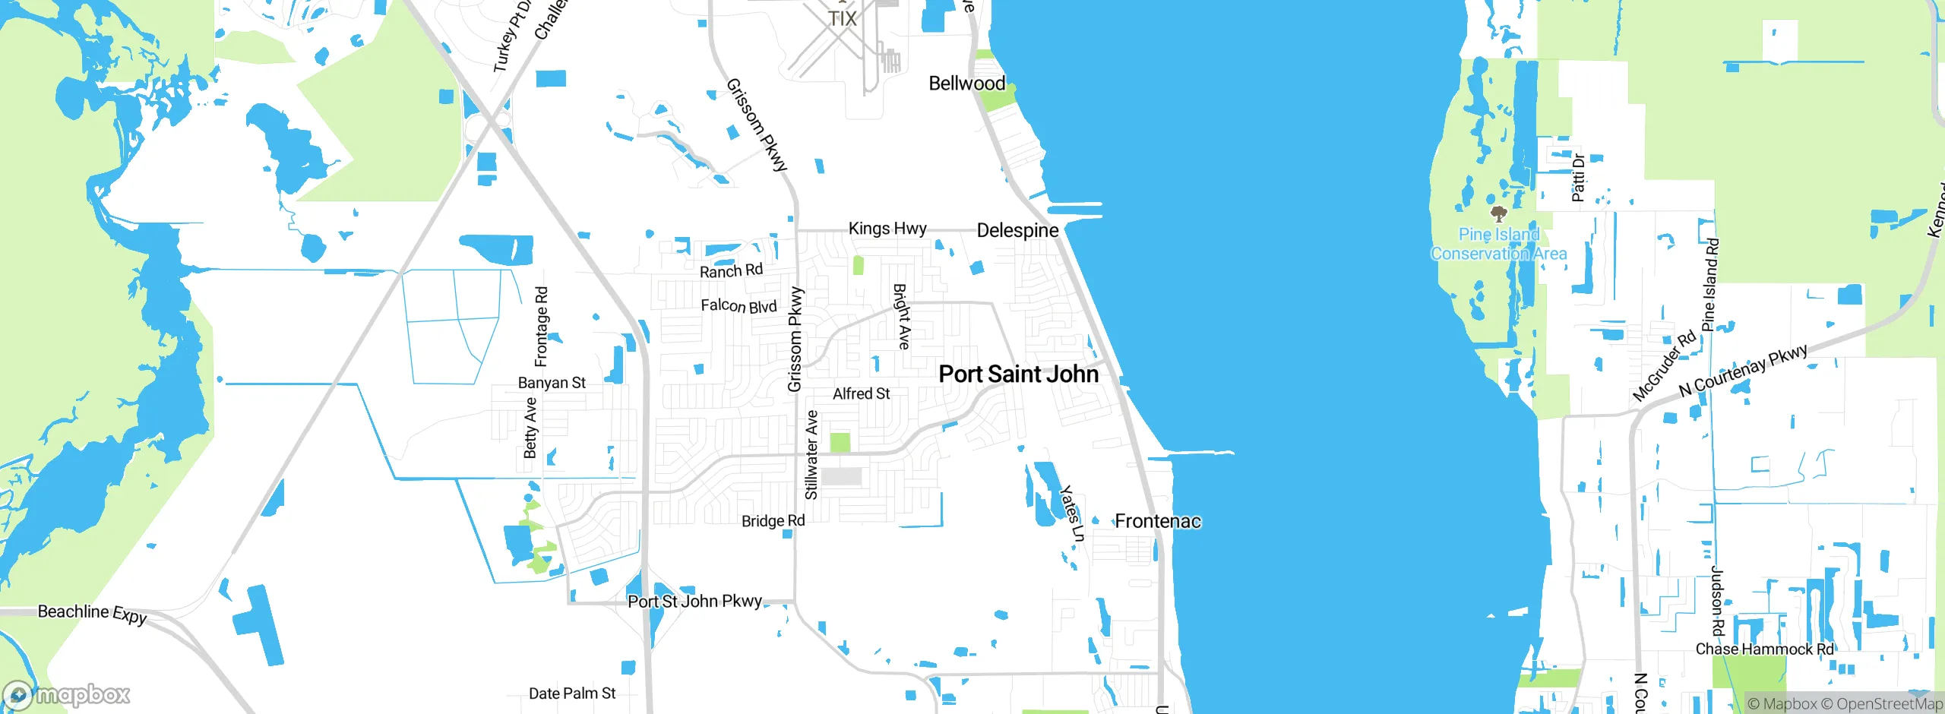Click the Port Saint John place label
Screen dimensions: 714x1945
1018,374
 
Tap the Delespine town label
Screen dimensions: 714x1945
1017,230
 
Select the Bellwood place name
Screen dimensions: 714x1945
966,84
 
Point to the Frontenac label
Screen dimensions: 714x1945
1157,521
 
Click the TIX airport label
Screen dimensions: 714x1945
842,19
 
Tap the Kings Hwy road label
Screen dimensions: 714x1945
887,229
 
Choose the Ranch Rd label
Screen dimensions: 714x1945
731,271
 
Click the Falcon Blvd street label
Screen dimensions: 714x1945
738,306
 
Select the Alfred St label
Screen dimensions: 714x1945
861,393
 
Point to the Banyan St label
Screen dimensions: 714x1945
552,383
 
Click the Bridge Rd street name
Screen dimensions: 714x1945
773,521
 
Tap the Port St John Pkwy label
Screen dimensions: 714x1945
694,602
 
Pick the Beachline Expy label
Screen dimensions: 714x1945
92,613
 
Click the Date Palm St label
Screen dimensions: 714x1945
572,693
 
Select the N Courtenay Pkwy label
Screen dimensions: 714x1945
1742,371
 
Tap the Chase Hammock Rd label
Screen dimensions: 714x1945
1764,649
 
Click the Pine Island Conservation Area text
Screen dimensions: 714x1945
1498,244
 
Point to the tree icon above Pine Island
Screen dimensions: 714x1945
1498,213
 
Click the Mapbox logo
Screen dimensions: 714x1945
67,695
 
